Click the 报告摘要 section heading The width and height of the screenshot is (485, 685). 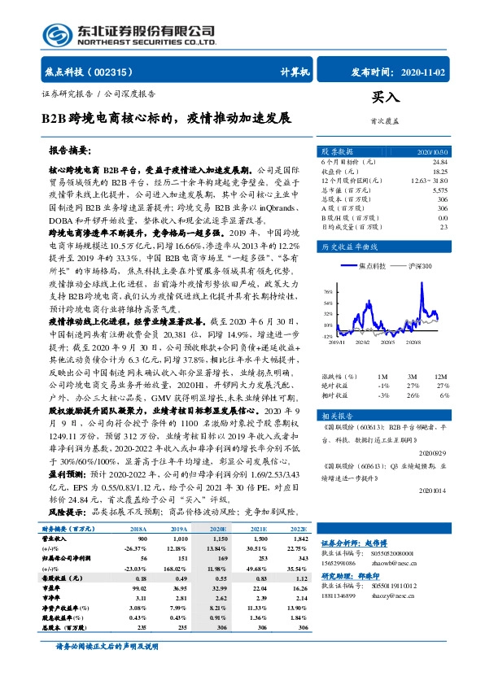click(x=70, y=151)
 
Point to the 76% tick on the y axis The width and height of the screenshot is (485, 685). click(x=327, y=290)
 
